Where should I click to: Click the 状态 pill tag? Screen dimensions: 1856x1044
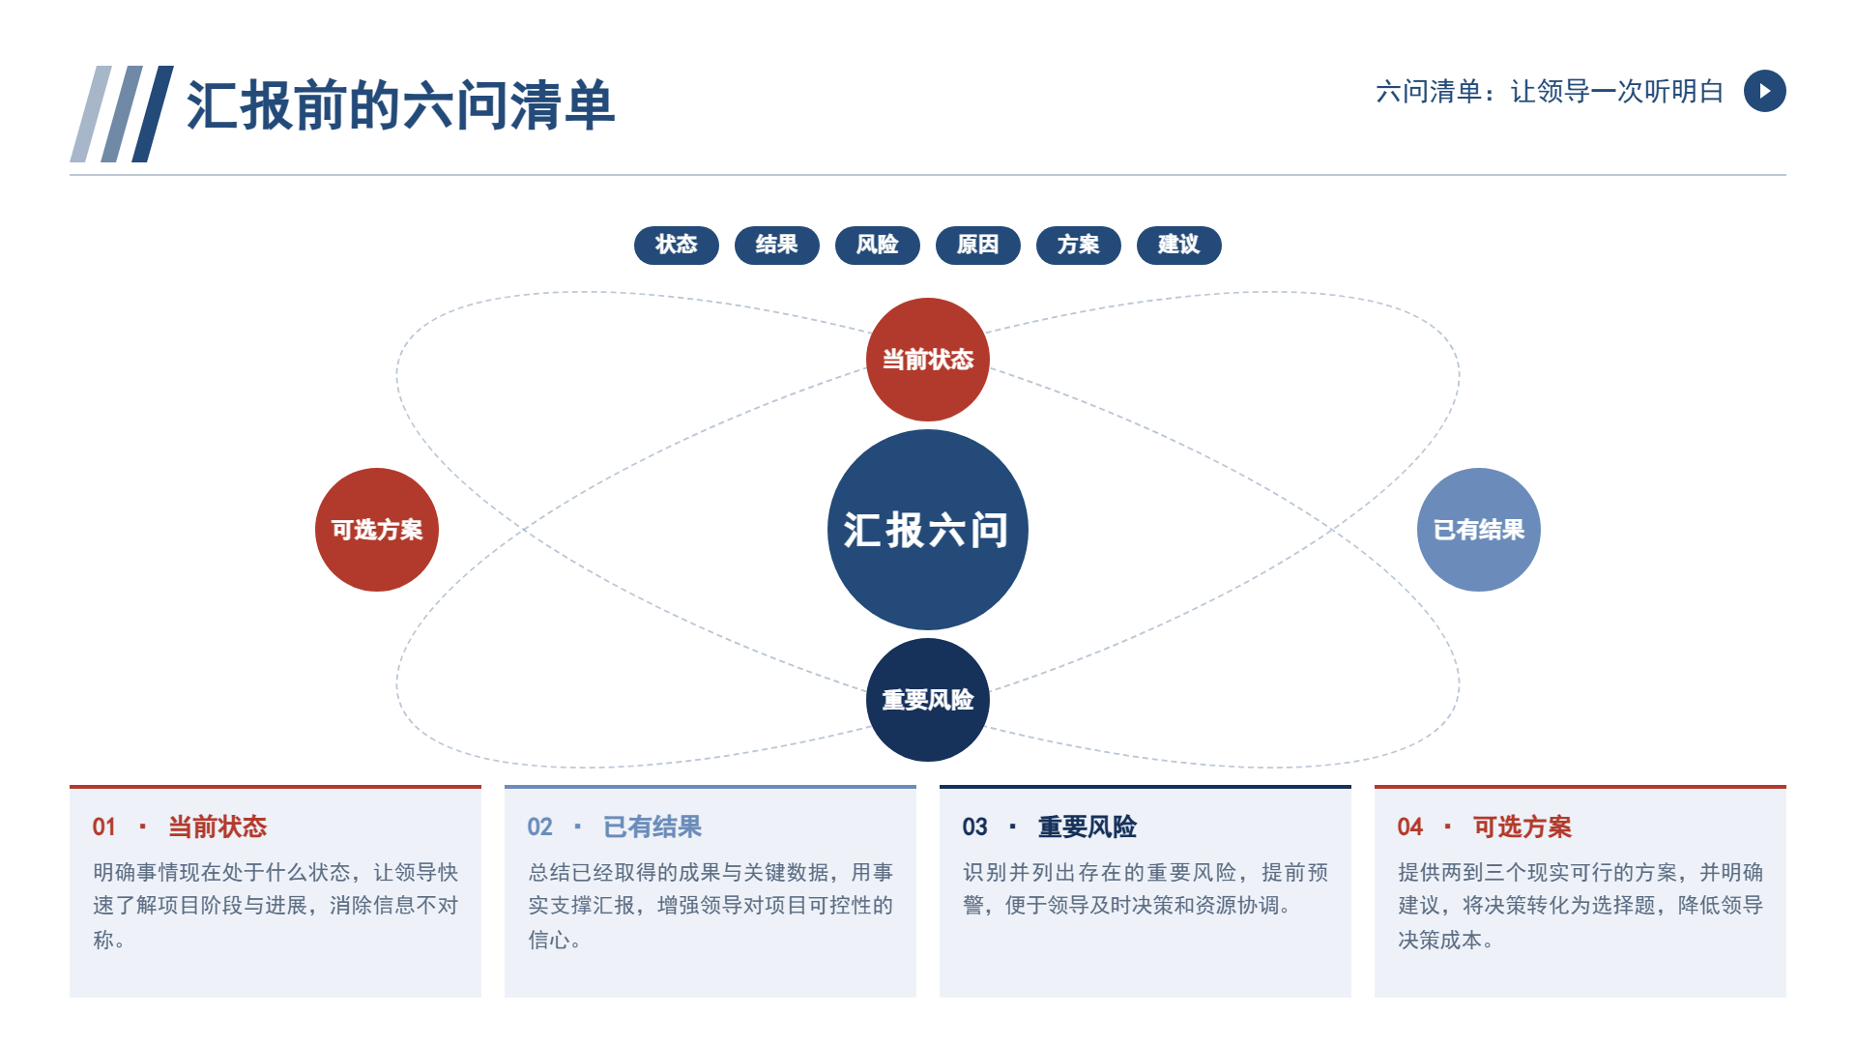coord(677,245)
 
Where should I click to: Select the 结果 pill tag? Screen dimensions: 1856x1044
coord(777,245)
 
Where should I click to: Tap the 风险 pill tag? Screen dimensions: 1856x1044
coord(878,245)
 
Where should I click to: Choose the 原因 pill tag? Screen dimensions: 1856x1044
coord(978,245)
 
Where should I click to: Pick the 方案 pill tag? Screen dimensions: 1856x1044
coord(1079,245)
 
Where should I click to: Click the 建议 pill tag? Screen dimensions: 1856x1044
coord(1179,245)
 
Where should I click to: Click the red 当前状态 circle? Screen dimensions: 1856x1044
coord(928,360)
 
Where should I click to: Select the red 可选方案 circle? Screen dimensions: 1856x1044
coord(377,530)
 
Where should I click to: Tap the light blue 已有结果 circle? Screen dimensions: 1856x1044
coord(1479,530)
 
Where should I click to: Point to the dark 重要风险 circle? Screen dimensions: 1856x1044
coord(928,700)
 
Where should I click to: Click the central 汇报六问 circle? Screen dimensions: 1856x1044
coord(928,530)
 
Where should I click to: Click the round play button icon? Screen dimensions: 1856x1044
coord(1765,91)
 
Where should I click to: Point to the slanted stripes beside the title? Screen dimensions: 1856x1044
coord(122,114)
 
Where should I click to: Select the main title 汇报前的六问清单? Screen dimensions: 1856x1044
coord(400,105)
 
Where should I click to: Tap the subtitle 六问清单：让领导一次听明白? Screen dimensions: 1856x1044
coord(1550,92)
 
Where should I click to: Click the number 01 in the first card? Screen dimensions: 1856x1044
coord(103,827)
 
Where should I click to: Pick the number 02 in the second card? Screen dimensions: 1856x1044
coord(539,827)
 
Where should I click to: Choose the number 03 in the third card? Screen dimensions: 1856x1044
coord(974,827)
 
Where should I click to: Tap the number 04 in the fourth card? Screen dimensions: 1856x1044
coord(1409,827)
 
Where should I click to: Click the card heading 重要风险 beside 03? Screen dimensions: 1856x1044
coord(1087,827)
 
